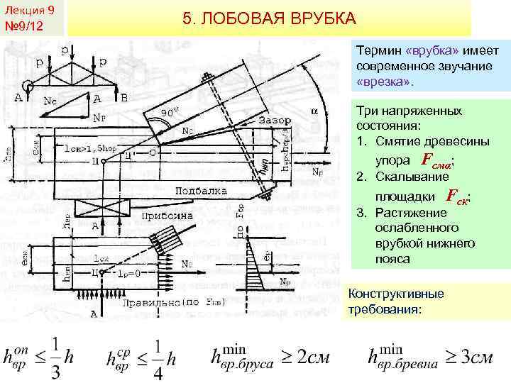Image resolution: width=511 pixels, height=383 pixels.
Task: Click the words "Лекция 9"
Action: (30, 9)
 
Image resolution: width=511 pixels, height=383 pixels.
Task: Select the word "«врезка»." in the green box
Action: (384, 82)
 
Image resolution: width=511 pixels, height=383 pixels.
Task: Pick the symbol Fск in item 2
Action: (459, 196)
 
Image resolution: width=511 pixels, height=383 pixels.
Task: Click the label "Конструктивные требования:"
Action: (396, 302)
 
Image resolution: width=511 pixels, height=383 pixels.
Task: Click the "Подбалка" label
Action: (181, 191)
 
